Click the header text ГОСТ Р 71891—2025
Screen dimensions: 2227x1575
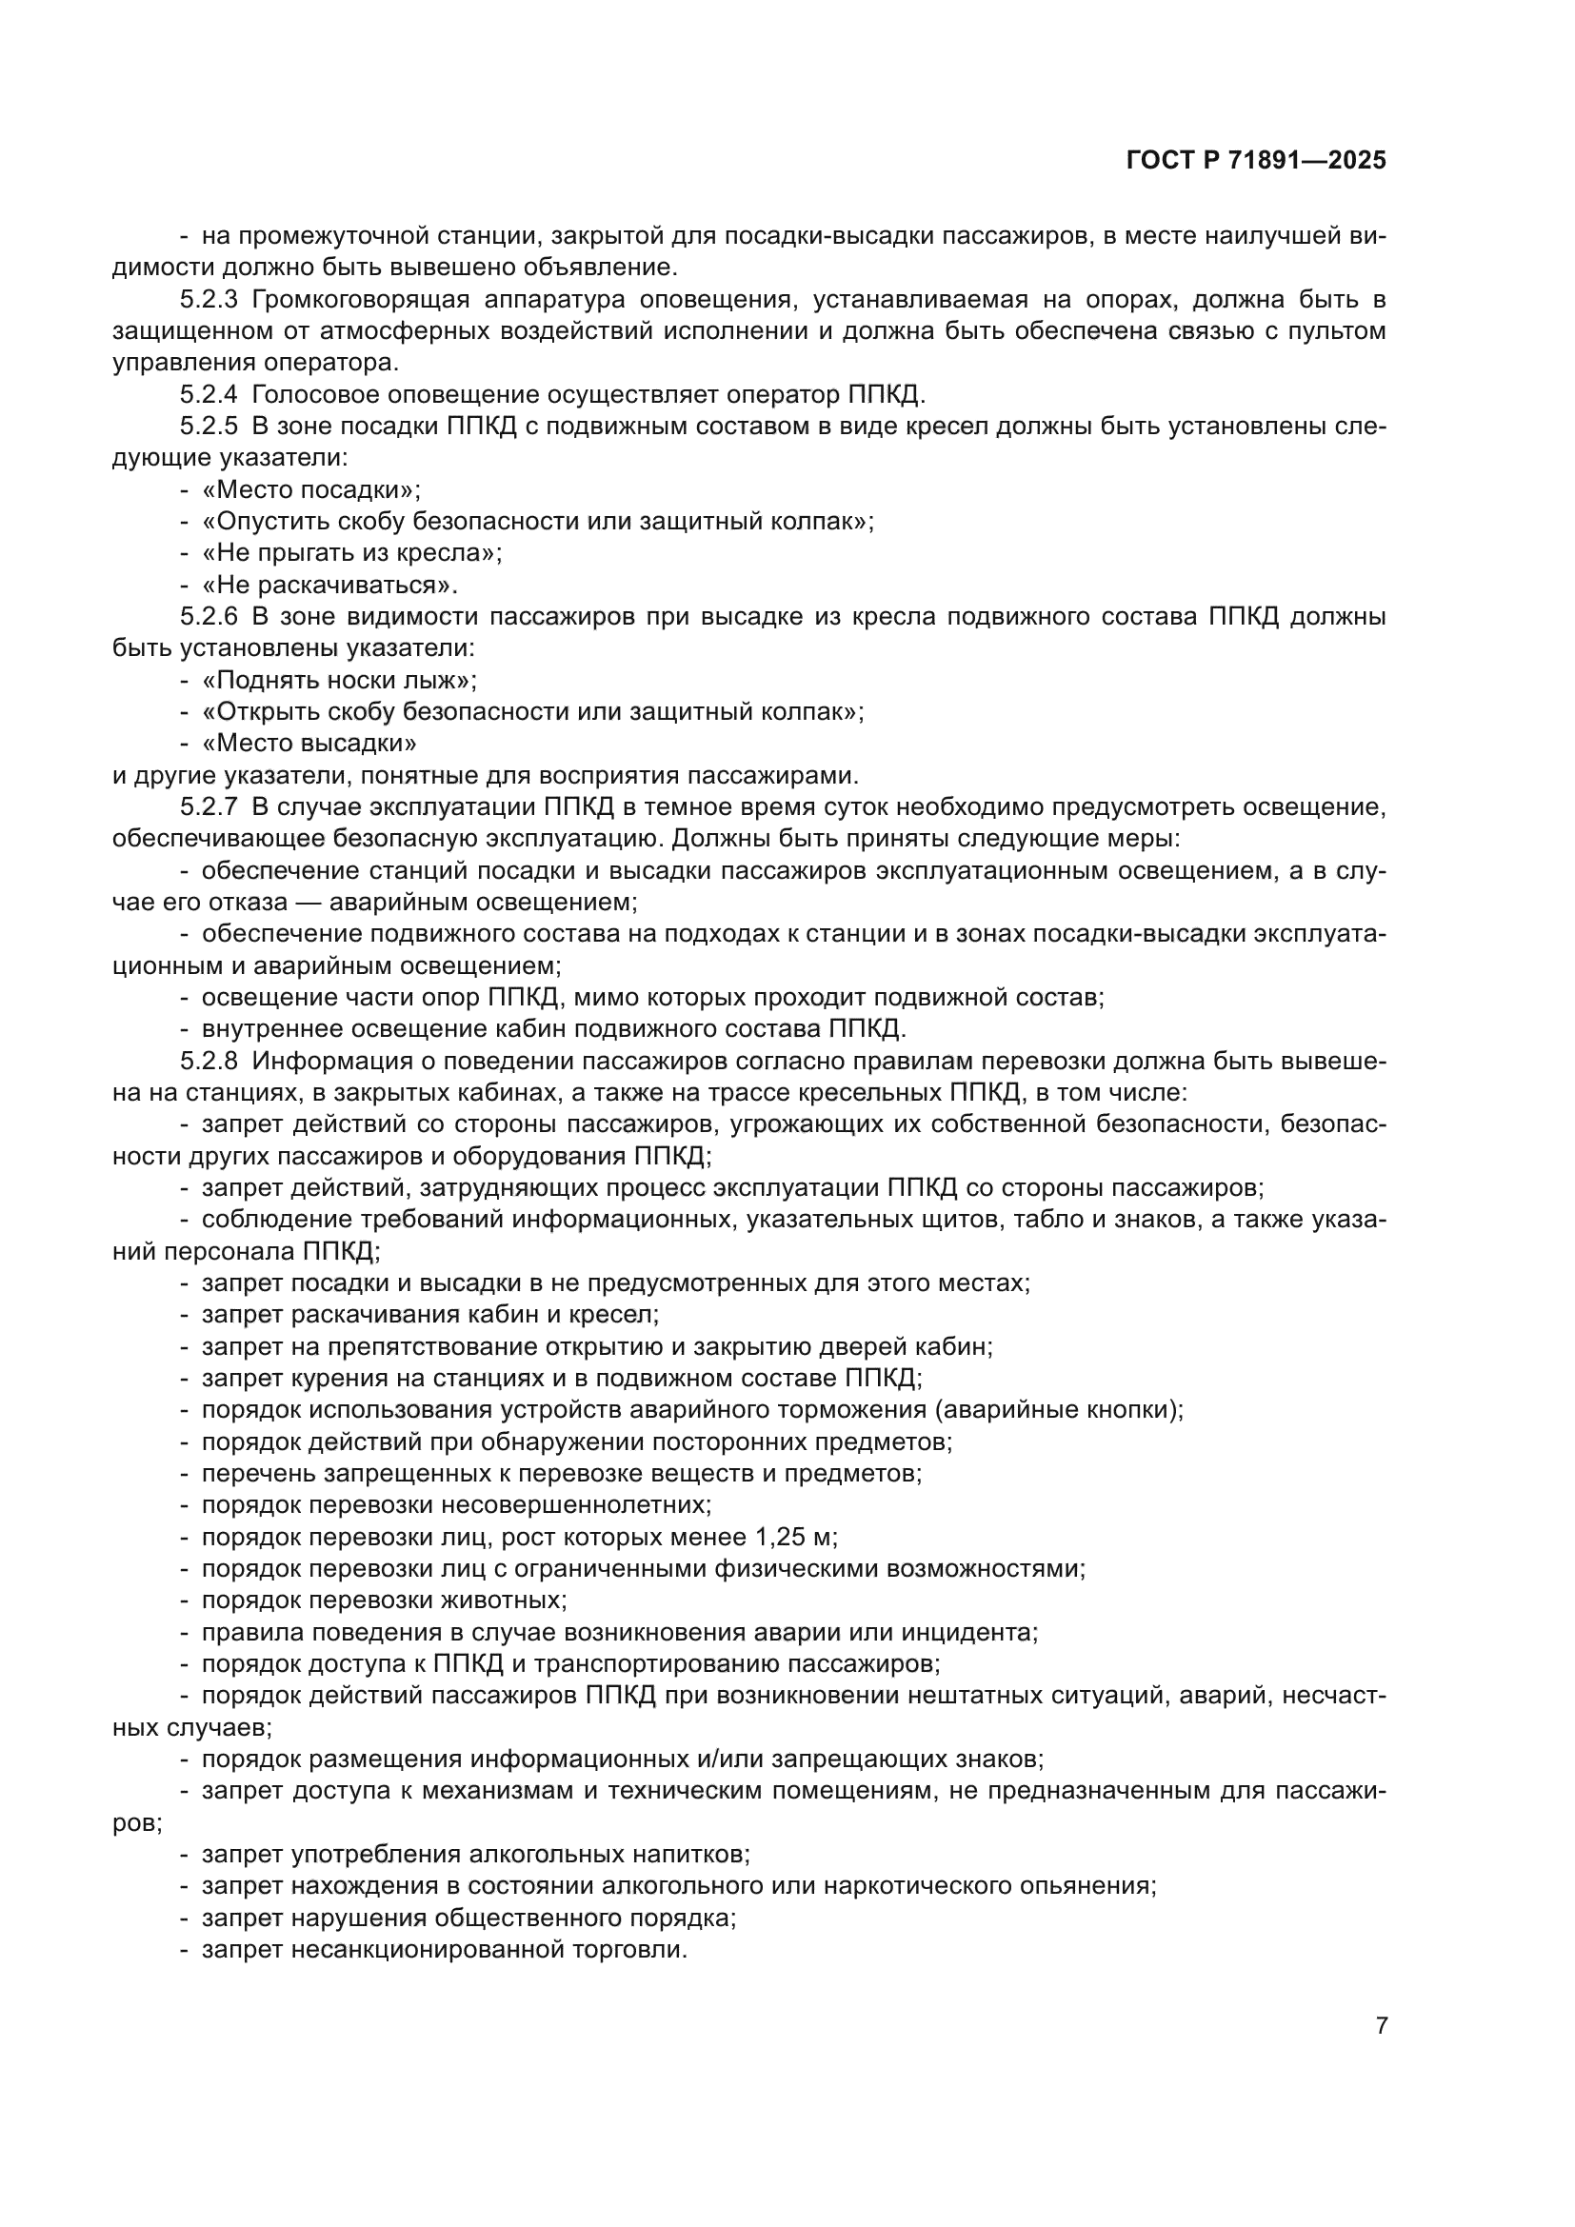(x=1256, y=161)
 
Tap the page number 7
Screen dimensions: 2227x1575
(x=1382, y=2025)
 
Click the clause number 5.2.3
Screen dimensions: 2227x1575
(x=209, y=300)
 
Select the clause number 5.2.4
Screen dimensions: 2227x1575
(x=209, y=395)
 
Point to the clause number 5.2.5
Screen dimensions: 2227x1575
(x=209, y=427)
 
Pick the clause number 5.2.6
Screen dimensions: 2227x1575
(x=209, y=617)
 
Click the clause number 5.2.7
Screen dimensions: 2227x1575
(x=209, y=807)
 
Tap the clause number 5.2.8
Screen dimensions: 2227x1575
(x=209, y=1061)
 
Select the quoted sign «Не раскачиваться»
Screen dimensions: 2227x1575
(x=329, y=585)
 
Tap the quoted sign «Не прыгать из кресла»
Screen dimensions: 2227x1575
(x=351, y=553)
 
